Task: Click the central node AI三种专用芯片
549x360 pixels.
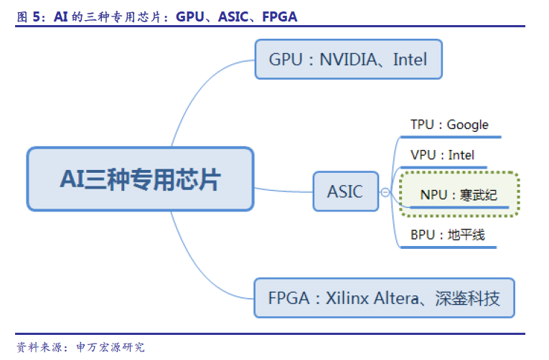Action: tap(140, 179)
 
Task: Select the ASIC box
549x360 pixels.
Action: tap(345, 191)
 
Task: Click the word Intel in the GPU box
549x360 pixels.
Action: tap(410, 60)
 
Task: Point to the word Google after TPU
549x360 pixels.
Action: tap(467, 125)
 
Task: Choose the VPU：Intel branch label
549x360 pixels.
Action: tap(442, 155)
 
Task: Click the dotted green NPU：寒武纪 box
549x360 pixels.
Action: tap(459, 194)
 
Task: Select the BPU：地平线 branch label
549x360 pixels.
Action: tap(442, 235)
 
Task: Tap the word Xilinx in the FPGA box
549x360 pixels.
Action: tap(348, 298)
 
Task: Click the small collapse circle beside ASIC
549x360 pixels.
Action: tap(385, 192)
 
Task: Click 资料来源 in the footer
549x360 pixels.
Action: tap(37, 347)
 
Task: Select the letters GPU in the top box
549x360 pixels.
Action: tap(285, 60)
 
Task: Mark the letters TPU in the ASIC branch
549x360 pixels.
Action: tap(422, 125)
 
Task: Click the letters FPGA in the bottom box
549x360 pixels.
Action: tap(289, 298)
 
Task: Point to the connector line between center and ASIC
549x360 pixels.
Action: tap(283, 191)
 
